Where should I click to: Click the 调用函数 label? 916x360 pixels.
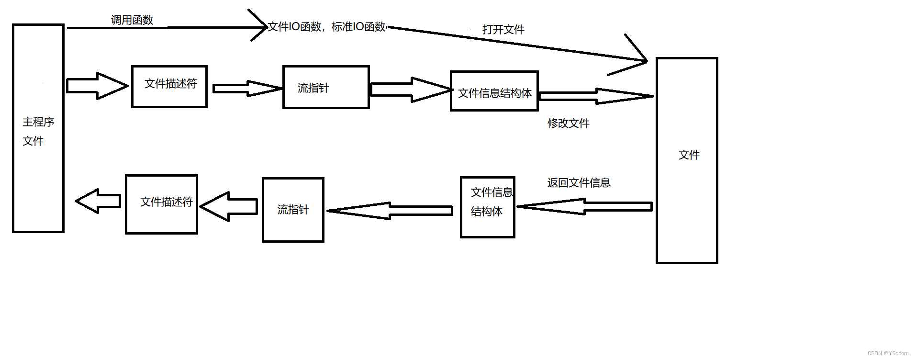pyautogui.click(x=132, y=20)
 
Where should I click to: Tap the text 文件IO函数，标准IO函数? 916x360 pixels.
pyautogui.click(x=326, y=27)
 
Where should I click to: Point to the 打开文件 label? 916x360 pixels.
pyautogui.click(x=503, y=30)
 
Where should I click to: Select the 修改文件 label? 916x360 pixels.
pyautogui.click(x=568, y=124)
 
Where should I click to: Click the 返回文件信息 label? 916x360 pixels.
pyautogui.click(x=579, y=183)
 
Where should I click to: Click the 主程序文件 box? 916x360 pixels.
pyautogui.click(x=38, y=128)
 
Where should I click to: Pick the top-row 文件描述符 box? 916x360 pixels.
pyautogui.click(x=169, y=87)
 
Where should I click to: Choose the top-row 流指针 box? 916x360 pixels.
pyautogui.click(x=326, y=87)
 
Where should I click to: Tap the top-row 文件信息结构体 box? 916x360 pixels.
pyautogui.click(x=494, y=91)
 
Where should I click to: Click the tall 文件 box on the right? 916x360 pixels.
pyautogui.click(x=687, y=160)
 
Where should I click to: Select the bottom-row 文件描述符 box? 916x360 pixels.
pyautogui.click(x=162, y=204)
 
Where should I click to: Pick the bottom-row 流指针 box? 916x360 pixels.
pyautogui.click(x=293, y=210)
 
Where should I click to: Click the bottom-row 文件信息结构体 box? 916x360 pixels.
pyautogui.click(x=487, y=207)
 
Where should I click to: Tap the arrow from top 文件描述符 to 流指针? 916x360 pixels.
pyautogui.click(x=246, y=89)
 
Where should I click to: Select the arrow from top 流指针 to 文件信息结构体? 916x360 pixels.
pyautogui.click(x=411, y=90)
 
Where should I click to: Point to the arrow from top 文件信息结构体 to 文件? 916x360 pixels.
pyautogui.click(x=596, y=96)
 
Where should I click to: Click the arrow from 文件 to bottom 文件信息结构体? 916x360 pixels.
pyautogui.click(x=584, y=206)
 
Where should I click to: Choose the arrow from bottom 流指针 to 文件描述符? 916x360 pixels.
pyautogui.click(x=229, y=206)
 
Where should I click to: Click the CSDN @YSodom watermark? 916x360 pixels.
pyautogui.click(x=888, y=353)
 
